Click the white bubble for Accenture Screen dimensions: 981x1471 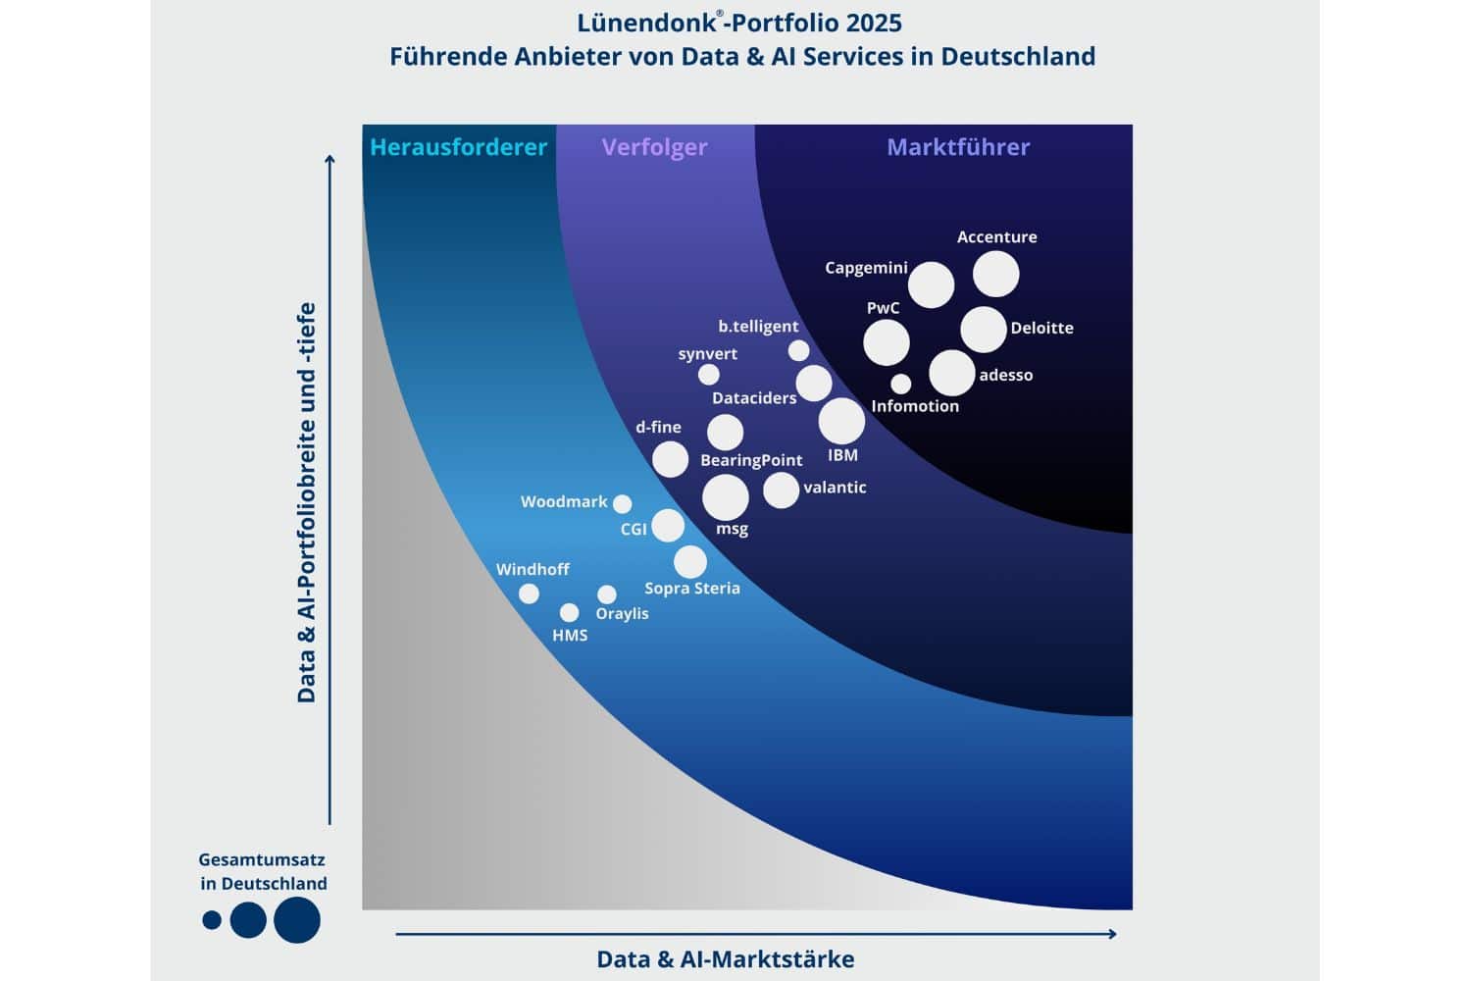pyautogui.click(x=995, y=274)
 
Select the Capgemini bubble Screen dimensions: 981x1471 pyautogui.click(x=931, y=284)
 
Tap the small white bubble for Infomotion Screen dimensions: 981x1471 pyautogui.click(x=900, y=384)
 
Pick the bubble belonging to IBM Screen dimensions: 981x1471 pyautogui.click(x=841, y=421)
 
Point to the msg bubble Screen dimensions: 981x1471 pyautogui.click(x=726, y=497)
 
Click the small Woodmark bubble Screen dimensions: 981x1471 pyautogui.click(x=622, y=504)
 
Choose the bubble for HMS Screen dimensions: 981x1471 pyautogui.click(x=569, y=613)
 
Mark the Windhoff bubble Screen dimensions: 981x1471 pyautogui.click(x=529, y=594)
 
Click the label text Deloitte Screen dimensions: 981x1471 pyautogui.click(x=1041, y=328)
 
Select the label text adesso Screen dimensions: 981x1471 pyautogui.click(x=1005, y=375)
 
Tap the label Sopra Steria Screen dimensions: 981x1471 pyautogui.click(x=691, y=589)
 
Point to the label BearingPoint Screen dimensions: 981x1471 pyautogui.click(x=751, y=460)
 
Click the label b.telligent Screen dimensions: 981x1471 pyautogui.click(x=758, y=326)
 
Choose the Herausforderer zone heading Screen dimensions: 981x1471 pyautogui.click(x=458, y=147)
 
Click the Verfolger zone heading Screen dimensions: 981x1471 pyautogui.click(x=654, y=147)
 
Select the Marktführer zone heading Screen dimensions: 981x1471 pyautogui.click(x=958, y=147)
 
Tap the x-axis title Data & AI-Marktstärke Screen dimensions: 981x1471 pyautogui.click(x=726, y=959)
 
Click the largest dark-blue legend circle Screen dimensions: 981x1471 pyautogui.click(x=296, y=920)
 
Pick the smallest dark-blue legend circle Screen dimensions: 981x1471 pyautogui.click(x=212, y=920)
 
